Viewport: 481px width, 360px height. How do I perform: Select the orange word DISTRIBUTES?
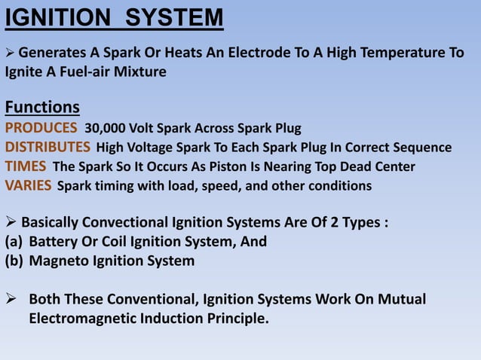pyautogui.click(x=48, y=146)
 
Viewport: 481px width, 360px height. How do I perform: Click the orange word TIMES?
pyautogui.click(x=26, y=166)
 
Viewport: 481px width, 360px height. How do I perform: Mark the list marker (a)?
pyautogui.click(x=14, y=242)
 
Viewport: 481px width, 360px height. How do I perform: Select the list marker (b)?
pyautogui.click(x=14, y=261)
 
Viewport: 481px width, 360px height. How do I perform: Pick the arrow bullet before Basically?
pyautogui.click(x=11, y=223)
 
